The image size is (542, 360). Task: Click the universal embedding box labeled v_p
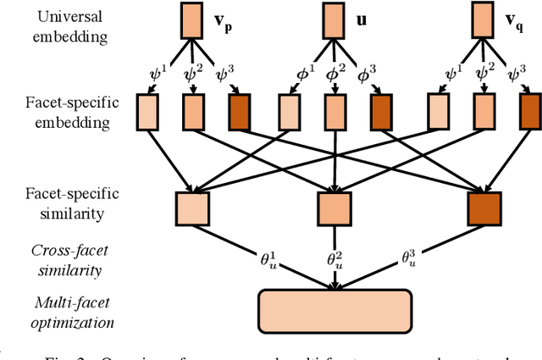pyautogui.click(x=189, y=21)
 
